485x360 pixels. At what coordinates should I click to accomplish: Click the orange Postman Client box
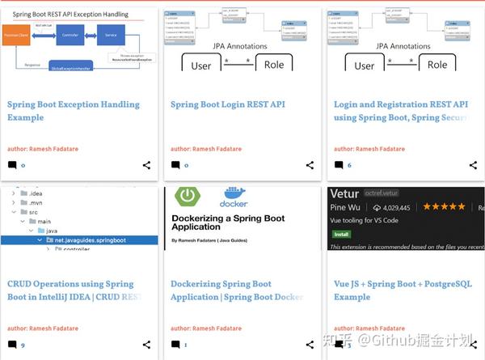[16, 35]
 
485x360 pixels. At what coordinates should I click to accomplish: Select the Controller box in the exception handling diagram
[70, 35]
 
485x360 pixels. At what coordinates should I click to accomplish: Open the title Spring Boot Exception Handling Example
[73, 111]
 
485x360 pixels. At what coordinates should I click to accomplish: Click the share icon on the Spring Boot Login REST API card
[310, 165]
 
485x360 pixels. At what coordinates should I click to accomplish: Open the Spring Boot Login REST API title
[228, 104]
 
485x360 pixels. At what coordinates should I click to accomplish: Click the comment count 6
[349, 165]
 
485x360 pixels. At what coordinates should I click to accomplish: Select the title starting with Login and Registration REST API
[401, 111]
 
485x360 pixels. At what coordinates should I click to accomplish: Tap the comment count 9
[23, 345]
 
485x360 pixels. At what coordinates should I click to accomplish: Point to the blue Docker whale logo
[234, 196]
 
